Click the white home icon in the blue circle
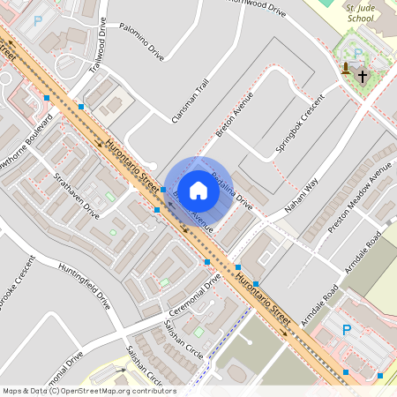[198, 190]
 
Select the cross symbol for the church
[363, 76]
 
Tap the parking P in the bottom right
[347, 329]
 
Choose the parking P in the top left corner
[37, 19]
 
